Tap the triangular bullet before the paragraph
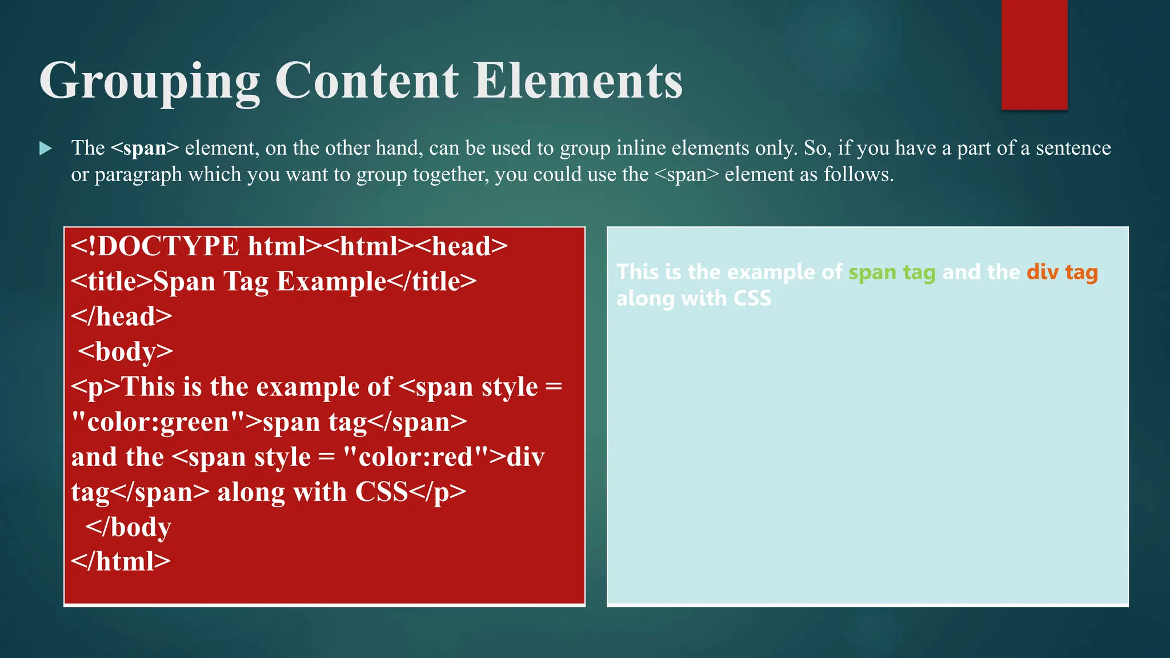coord(45,149)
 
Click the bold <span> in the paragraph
coord(145,148)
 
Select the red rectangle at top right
coord(1034,54)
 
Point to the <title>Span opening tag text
coord(143,282)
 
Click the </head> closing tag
coord(122,316)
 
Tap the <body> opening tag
coord(125,351)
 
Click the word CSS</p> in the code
coord(411,492)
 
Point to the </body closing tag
coord(128,527)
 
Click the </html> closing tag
coord(121,561)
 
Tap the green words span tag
coord(892,272)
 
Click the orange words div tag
coord(1062,272)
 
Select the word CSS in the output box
coord(752,298)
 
